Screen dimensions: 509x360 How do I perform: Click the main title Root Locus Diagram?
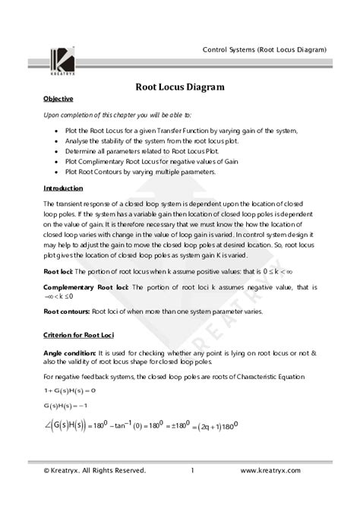(x=179, y=87)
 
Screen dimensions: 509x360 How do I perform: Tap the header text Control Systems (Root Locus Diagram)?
(x=264, y=49)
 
